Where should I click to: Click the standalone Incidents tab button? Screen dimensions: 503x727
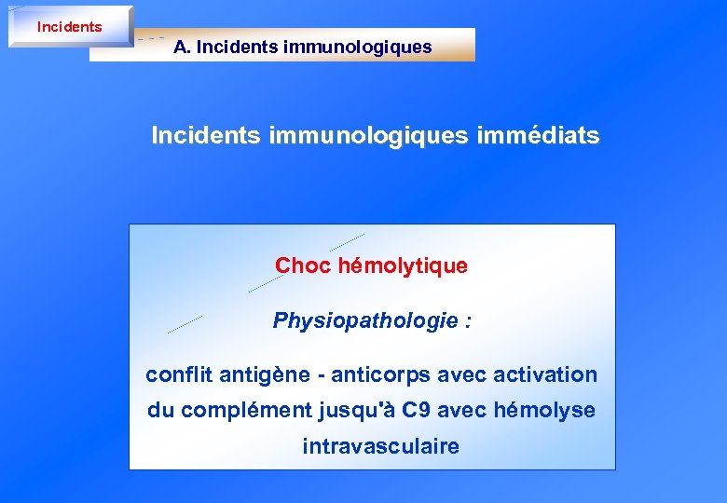coord(70,27)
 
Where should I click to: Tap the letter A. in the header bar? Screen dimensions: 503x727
coord(182,47)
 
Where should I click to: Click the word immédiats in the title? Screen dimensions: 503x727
coord(538,136)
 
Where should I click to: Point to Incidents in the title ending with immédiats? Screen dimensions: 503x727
coord(206,136)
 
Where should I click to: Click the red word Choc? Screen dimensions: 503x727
coord(303,265)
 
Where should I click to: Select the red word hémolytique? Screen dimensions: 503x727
coord(403,265)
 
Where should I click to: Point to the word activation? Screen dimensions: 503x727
coord(545,375)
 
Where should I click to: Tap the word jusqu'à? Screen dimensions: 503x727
coord(350,411)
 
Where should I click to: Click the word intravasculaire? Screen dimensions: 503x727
coord(380,446)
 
